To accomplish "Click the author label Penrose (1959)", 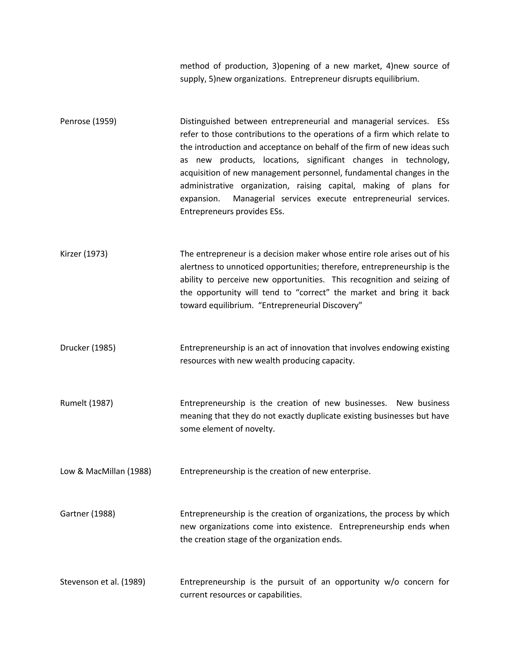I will (88, 121).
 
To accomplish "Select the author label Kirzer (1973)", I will (84, 254).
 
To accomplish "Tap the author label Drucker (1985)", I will (88, 348).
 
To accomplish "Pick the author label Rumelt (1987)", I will (86, 403).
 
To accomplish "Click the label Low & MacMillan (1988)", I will (105, 471).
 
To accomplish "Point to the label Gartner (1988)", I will (87, 514).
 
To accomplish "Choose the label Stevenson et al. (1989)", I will (102, 582).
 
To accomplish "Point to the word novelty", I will (259, 429).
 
